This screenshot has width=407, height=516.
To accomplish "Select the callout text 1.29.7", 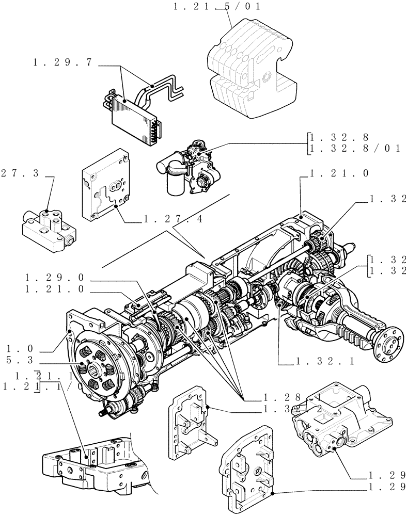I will coord(62,62).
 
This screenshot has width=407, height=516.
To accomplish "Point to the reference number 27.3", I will coord(20,174).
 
